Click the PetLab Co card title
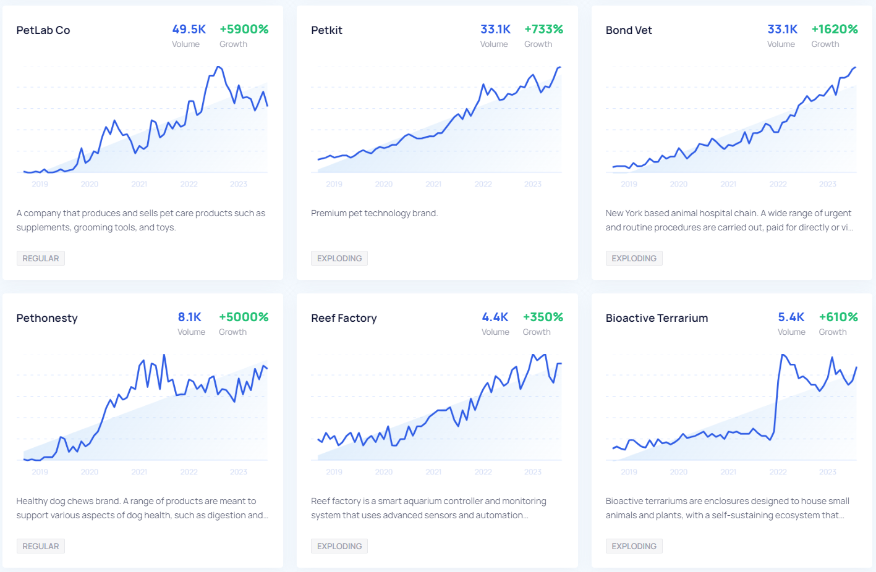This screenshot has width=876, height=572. tap(43, 30)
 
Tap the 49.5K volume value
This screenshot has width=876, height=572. tap(189, 29)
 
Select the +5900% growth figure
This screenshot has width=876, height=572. tap(244, 29)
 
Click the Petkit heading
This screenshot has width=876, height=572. tap(326, 30)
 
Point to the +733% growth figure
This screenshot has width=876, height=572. tap(543, 29)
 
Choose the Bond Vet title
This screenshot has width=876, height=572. tap(629, 30)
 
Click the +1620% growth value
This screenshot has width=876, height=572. tap(834, 29)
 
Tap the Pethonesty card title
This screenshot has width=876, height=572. tap(47, 318)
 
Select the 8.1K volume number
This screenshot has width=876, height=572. tap(190, 317)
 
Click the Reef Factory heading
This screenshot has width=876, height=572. tap(344, 318)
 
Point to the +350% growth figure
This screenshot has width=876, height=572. tap(543, 317)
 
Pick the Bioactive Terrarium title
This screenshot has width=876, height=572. tap(657, 318)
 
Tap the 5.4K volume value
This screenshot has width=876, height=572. tap(791, 317)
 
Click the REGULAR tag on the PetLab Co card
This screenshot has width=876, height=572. tap(41, 258)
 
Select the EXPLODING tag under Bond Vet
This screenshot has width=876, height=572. tap(634, 258)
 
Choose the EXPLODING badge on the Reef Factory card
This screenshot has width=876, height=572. tap(339, 546)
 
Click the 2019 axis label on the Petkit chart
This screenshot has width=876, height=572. tap(334, 184)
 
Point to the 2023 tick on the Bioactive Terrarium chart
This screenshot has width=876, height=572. tap(828, 472)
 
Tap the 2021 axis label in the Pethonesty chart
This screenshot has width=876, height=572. tap(139, 472)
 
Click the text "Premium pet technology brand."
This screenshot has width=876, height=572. tap(374, 213)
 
